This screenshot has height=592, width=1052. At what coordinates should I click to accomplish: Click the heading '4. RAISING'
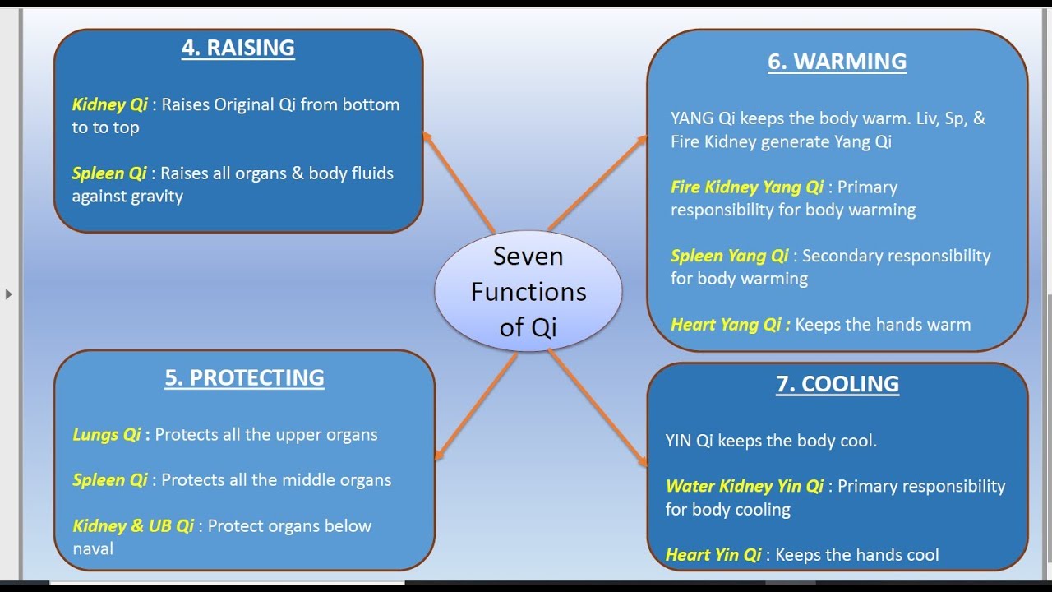[x=238, y=48]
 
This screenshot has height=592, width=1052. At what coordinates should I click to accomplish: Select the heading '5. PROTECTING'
[x=244, y=377]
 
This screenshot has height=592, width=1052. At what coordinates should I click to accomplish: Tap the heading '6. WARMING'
[x=837, y=62]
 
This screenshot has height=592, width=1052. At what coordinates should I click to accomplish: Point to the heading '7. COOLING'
[x=837, y=384]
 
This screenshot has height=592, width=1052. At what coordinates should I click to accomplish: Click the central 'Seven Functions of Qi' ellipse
[x=528, y=292]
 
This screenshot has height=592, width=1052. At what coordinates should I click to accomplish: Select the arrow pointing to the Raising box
[x=459, y=182]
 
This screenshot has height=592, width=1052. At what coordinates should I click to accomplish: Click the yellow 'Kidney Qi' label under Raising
[x=109, y=104]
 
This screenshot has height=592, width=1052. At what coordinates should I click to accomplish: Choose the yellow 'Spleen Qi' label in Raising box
[x=108, y=173]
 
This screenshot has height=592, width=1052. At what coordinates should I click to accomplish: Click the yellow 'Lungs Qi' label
[x=107, y=435]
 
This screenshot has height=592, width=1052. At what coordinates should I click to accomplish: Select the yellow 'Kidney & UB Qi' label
[x=133, y=526]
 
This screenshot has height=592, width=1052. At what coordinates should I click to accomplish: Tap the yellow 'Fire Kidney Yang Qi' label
[x=746, y=187]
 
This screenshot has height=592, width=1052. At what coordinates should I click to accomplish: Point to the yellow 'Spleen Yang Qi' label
[x=729, y=256]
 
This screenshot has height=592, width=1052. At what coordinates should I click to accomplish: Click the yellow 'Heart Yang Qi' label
[x=729, y=325]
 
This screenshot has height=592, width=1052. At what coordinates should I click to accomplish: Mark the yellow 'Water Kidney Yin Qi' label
[x=744, y=487]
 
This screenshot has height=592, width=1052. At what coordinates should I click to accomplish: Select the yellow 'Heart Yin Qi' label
[x=713, y=555]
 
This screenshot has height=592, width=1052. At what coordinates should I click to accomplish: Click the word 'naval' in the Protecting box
[x=93, y=548]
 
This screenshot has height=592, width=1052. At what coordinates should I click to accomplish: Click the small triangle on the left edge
[x=9, y=294]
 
